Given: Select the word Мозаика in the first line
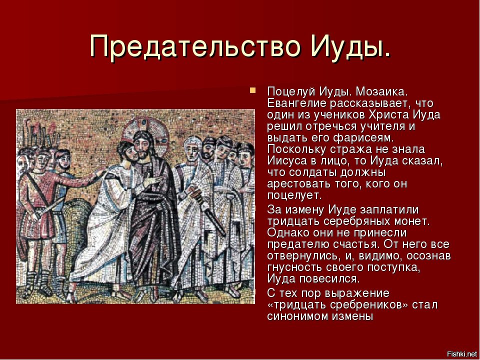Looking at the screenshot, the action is (x=381, y=91).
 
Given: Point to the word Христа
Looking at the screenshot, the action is (x=388, y=115).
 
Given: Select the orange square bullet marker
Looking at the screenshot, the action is (x=252, y=90).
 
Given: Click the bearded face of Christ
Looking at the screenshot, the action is (x=142, y=147).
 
